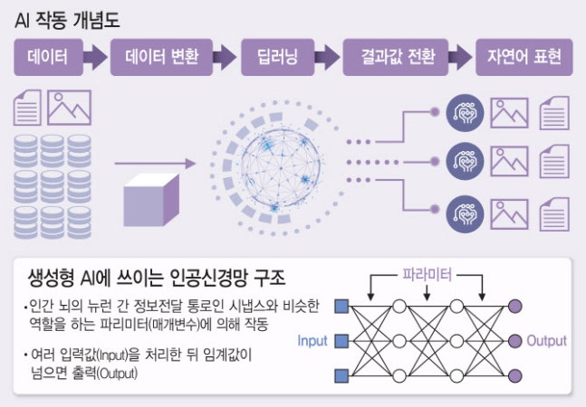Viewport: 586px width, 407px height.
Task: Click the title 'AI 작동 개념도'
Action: tap(67, 18)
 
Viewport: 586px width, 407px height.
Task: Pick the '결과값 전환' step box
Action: tap(391, 61)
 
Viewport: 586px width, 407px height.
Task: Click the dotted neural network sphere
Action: tap(272, 166)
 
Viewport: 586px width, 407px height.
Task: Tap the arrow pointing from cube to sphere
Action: tap(155, 164)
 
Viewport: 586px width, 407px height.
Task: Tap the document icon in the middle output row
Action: tap(552, 163)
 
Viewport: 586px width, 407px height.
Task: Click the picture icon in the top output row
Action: tap(509, 114)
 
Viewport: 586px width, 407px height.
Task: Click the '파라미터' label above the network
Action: tap(426, 270)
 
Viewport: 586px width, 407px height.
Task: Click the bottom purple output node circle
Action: tap(515, 375)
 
